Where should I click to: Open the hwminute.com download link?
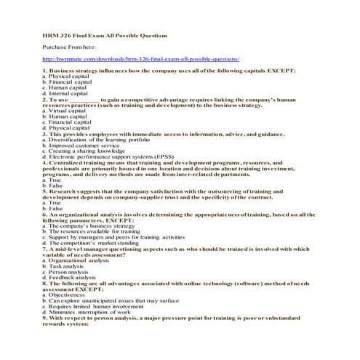click(x=141, y=58)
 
